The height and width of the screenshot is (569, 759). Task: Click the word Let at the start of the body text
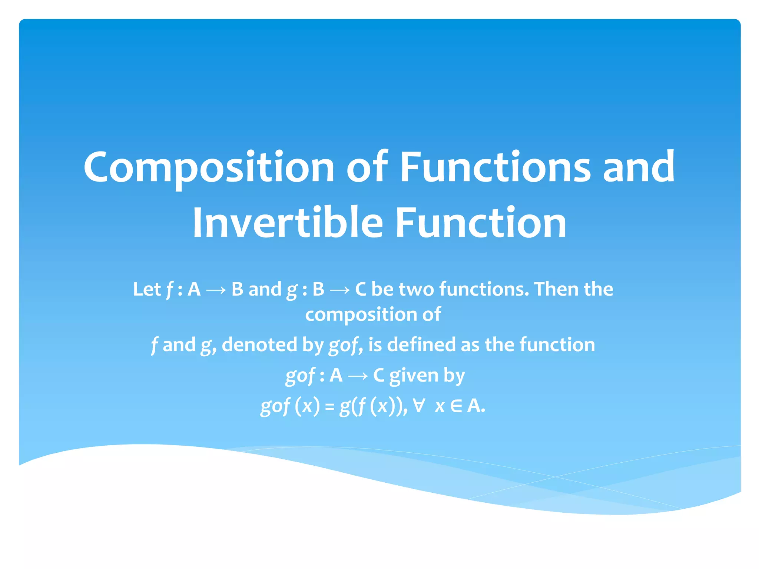click(x=147, y=289)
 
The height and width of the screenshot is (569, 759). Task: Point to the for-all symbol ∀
click(x=419, y=406)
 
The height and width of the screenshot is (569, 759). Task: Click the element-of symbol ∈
click(x=456, y=406)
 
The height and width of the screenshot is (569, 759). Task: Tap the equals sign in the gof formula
click(x=329, y=407)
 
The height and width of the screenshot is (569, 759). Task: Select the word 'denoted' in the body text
click(x=259, y=345)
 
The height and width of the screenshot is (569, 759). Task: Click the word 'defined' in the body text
click(x=421, y=345)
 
